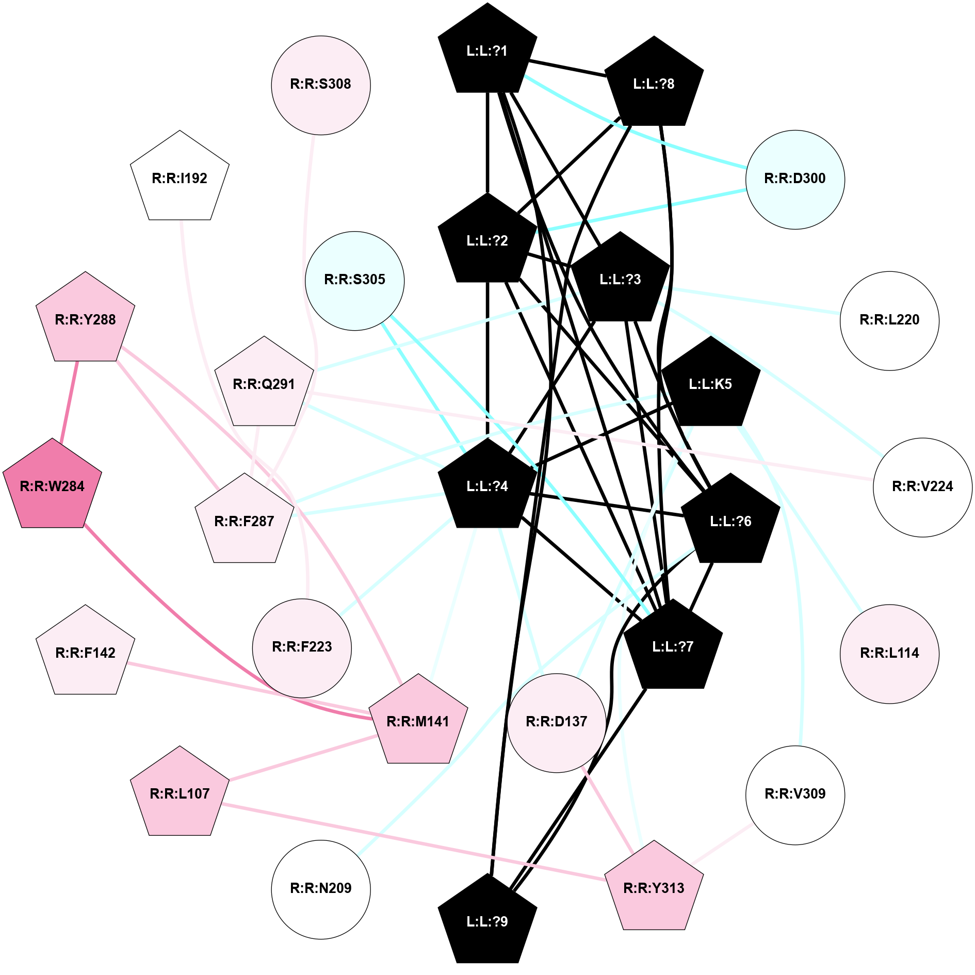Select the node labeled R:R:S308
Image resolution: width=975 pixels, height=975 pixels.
320,85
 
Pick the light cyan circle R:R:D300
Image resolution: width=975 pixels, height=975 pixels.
794,179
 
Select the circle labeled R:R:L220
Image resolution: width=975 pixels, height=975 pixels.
889,320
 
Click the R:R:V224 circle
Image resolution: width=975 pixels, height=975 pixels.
922,487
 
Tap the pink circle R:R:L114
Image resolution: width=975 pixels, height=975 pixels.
889,654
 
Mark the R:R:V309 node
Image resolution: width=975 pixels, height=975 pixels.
794,794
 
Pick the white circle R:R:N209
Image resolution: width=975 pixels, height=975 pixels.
320,889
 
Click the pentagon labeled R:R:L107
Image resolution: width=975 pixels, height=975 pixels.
180,794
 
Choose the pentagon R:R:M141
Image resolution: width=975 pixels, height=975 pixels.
418,722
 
